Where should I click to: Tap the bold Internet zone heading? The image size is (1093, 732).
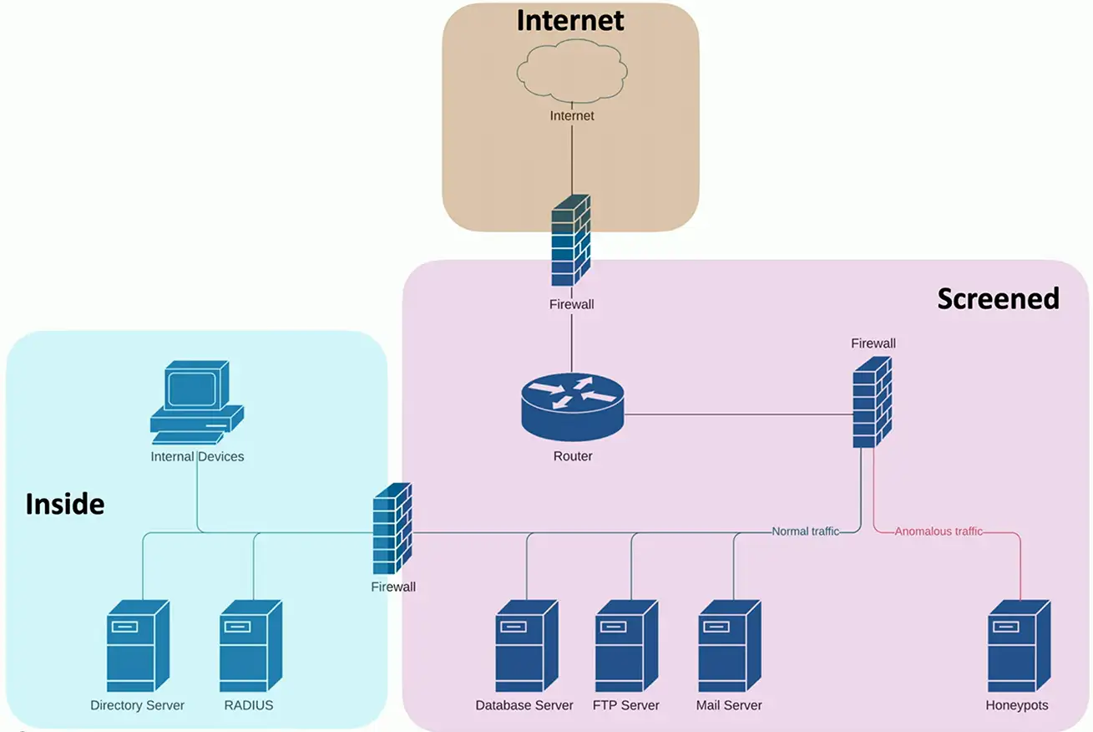[x=570, y=20]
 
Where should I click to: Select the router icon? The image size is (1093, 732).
[x=573, y=408]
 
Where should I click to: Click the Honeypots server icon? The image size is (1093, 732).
[x=1019, y=647]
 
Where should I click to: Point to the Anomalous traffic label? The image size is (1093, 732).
[x=939, y=531]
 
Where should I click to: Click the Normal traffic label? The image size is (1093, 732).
[x=805, y=531]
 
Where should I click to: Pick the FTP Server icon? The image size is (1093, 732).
[x=626, y=647]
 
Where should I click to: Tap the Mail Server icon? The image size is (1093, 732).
[x=729, y=647]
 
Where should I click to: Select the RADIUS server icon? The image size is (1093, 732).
[x=250, y=647]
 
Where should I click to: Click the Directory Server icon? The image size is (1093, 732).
[x=138, y=647]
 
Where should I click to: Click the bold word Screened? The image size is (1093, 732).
[x=998, y=298]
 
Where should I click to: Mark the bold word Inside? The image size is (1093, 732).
[x=65, y=505]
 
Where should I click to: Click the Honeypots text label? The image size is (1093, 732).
[x=1016, y=705]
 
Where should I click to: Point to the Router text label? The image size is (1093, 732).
[x=573, y=456]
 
